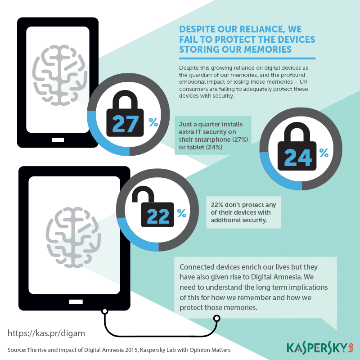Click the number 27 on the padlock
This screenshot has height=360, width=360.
(126, 124)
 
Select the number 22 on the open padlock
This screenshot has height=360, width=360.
(158, 216)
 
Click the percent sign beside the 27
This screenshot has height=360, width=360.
(153, 122)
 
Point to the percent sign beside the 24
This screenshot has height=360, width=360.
(324, 153)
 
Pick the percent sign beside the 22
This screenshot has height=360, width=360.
(182, 213)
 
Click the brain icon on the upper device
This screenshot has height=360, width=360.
(60, 75)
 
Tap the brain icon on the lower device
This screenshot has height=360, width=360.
(73, 237)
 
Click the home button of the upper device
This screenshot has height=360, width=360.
(58, 139)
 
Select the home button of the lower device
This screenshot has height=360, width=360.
(76, 301)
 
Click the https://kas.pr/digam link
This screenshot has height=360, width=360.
(46, 333)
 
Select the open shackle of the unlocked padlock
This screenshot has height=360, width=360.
(143, 194)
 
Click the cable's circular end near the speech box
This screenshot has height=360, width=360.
(216, 319)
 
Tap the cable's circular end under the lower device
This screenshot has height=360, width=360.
(105, 311)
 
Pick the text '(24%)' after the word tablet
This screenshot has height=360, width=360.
(214, 147)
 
